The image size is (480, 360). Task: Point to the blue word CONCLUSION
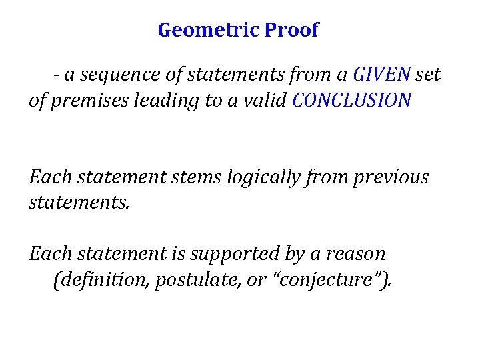[352, 101]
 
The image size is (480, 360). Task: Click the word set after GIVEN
[428, 75]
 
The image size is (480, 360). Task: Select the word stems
[201, 177]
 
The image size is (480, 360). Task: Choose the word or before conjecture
[256, 281]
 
